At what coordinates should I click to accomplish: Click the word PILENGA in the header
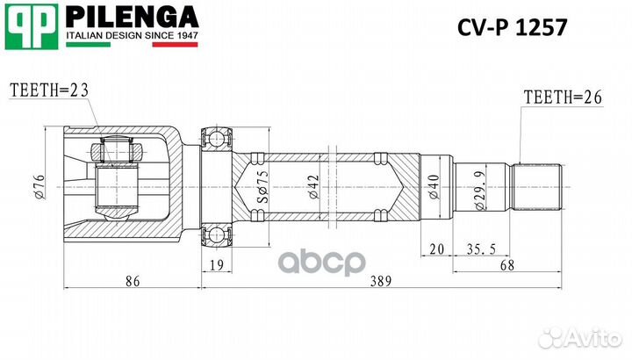[133, 17]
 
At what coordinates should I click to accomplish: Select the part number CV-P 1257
[513, 25]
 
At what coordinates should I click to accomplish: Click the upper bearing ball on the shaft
[216, 137]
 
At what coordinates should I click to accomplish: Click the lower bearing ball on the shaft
[216, 235]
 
